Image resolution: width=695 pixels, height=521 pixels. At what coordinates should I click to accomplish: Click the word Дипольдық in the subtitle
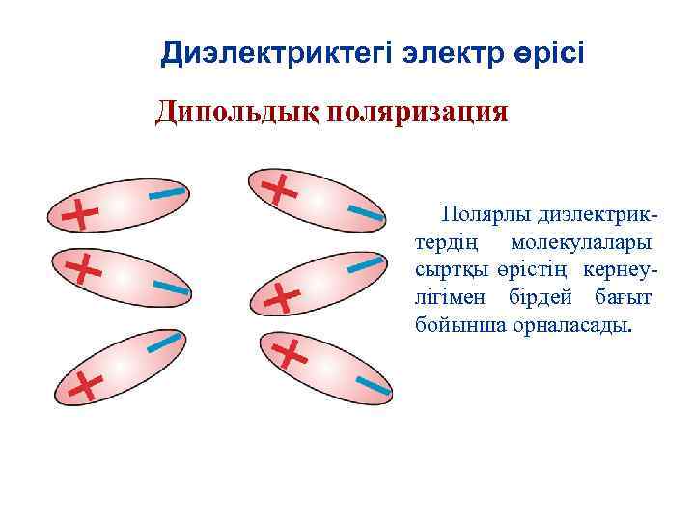236,112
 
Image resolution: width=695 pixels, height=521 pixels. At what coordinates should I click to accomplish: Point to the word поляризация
418,112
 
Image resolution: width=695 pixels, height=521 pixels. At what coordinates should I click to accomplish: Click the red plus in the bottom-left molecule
86,387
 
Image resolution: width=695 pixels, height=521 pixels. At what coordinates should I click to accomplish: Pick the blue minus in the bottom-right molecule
373,387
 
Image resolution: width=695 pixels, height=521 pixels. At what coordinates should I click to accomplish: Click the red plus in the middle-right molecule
281,298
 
